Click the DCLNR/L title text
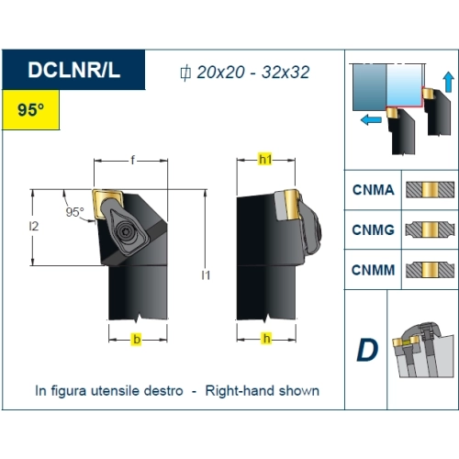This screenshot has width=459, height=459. pyautogui.click(x=73, y=70)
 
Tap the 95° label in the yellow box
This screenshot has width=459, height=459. pyautogui.click(x=30, y=109)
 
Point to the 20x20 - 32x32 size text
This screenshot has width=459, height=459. pyautogui.click(x=252, y=73)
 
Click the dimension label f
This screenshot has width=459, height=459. pyautogui.click(x=132, y=160)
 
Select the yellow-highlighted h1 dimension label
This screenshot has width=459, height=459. pyautogui.click(x=265, y=160)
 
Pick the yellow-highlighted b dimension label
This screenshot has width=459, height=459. pyautogui.click(x=137, y=340)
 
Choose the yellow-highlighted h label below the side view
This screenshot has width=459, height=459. pyautogui.click(x=267, y=339)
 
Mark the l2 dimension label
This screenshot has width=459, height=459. pyautogui.click(x=34, y=226)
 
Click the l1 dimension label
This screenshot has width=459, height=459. pyautogui.click(x=206, y=275)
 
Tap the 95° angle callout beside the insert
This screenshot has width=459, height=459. pyautogui.click(x=74, y=212)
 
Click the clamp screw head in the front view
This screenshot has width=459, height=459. pyautogui.click(x=126, y=231)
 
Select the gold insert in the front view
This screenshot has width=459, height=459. pyautogui.click(x=106, y=204)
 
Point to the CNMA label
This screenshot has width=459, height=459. pyautogui.click(x=374, y=190)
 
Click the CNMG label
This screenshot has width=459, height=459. pyautogui.click(x=374, y=229)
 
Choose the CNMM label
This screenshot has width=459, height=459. pyautogui.click(x=374, y=270)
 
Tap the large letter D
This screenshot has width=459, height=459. pyautogui.click(x=367, y=350)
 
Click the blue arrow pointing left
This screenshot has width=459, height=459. pyautogui.click(x=371, y=120)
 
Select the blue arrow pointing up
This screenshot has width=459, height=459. pyautogui.click(x=449, y=82)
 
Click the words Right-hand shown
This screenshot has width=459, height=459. pyautogui.click(x=263, y=391)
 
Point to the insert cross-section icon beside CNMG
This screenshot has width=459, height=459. pyautogui.click(x=430, y=229)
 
